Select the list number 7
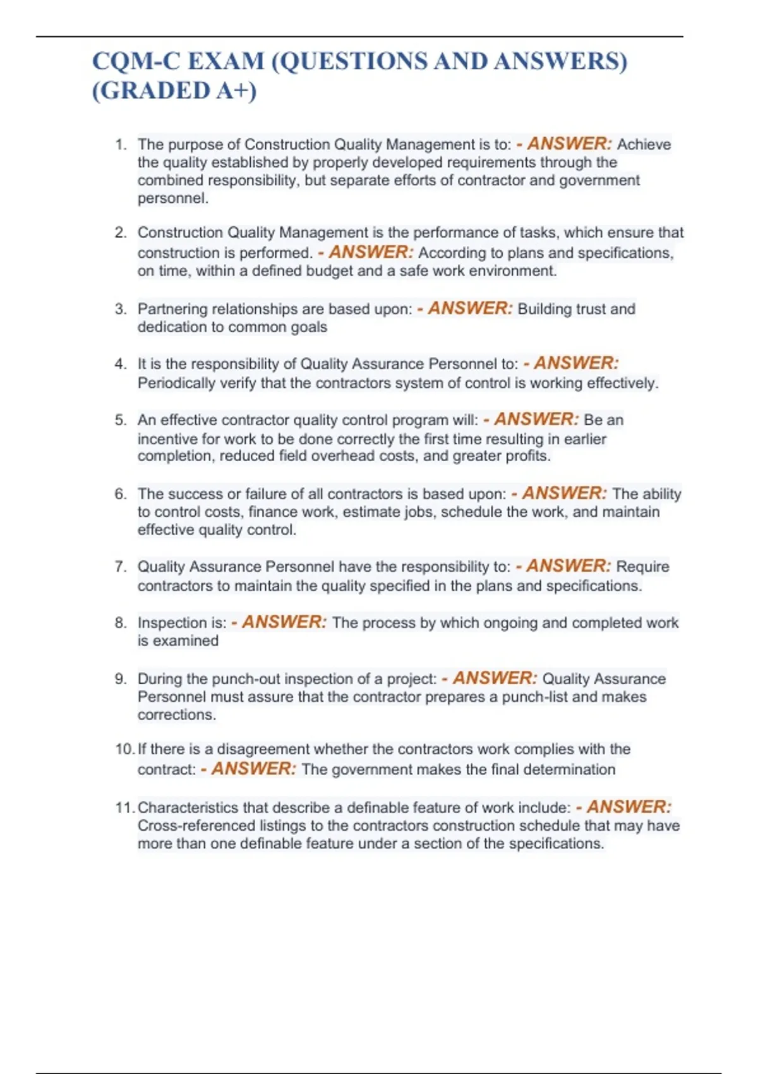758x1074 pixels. pos(121,566)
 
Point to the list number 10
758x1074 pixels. pos(124,749)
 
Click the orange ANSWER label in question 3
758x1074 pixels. pos(470,308)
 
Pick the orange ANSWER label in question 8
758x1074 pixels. pos(284,622)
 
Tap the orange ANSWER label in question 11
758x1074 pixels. pos(629,807)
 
